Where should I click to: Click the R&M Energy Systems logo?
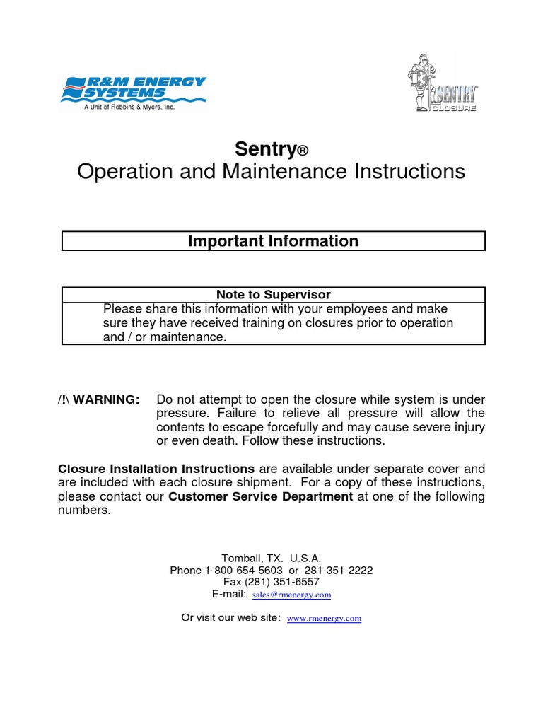[134, 90]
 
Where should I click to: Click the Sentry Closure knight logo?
[443, 86]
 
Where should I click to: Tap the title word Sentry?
[265, 149]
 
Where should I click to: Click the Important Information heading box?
[274, 241]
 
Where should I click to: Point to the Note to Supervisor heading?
[274, 295]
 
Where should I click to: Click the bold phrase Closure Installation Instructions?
[156, 469]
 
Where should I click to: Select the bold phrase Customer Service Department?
[260, 496]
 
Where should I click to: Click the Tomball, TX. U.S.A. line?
[271, 558]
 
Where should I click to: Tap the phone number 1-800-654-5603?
[244, 570]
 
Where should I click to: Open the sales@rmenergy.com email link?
[291, 595]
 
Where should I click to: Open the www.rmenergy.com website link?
[324, 619]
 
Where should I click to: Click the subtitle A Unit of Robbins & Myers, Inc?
[129, 107]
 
